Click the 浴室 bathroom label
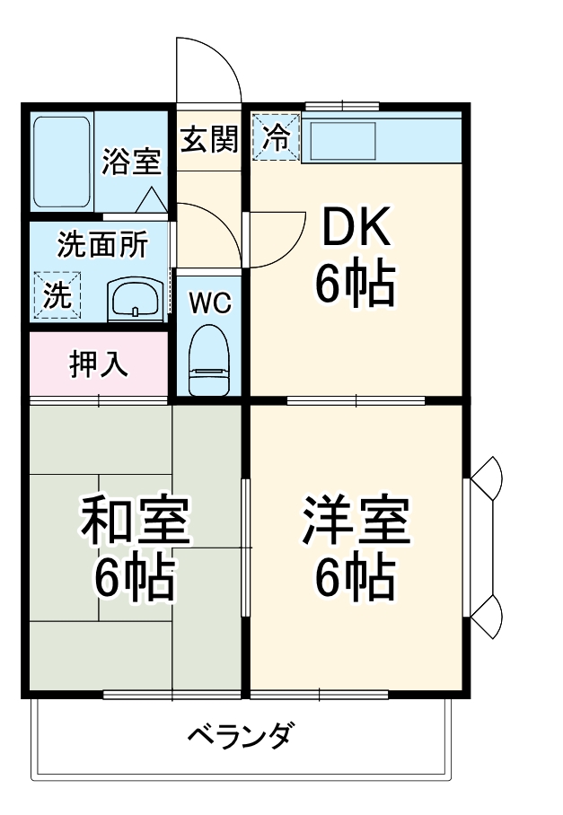[131, 162]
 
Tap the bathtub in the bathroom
[61, 162]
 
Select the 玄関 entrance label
[209, 140]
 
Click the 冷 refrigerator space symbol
[276, 138]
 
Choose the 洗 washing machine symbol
[57, 295]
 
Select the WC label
[210, 302]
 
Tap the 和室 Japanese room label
[135, 523]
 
